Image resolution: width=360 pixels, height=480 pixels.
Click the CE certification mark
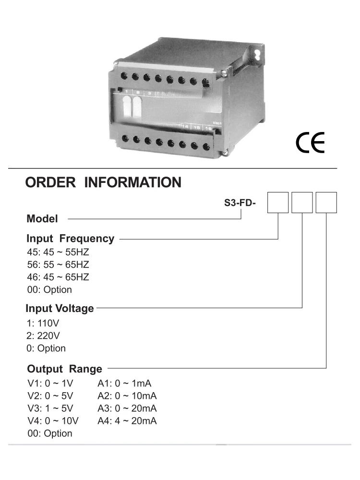coord(310,142)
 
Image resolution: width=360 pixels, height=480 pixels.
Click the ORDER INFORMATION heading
coord(103,183)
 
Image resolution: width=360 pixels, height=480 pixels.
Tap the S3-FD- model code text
coord(240,203)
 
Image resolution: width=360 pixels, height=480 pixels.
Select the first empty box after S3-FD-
coord(278,202)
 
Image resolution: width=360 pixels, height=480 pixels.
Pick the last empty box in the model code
coord(326,202)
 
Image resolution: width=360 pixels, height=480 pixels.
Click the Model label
coord(42,219)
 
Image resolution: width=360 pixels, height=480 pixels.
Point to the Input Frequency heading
coord(71,239)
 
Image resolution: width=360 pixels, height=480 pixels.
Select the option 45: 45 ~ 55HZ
coord(58,252)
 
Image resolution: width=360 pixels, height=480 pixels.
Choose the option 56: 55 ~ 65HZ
coord(58,264)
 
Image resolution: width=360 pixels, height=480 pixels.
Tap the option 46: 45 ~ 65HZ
coord(58,277)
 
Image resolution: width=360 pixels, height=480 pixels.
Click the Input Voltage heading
coord(60,308)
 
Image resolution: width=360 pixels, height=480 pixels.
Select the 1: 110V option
coord(43,323)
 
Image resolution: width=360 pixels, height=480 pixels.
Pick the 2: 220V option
coord(43,336)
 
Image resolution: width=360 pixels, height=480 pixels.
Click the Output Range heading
coord(65,369)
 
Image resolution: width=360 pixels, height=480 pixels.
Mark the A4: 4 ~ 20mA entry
coord(127,421)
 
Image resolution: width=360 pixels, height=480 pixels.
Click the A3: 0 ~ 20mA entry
coord(127,408)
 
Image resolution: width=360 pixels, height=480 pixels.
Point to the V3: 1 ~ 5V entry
coord(49,408)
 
